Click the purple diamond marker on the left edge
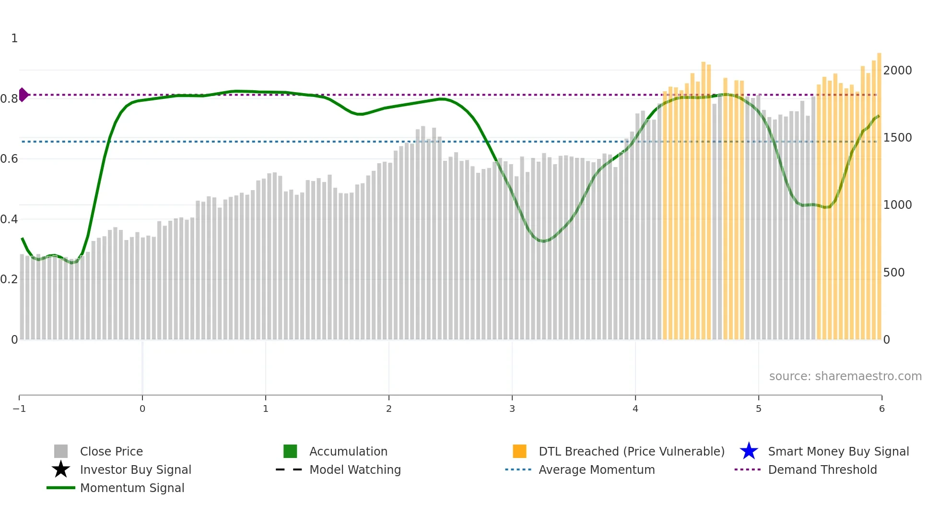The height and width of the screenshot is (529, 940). [23, 95]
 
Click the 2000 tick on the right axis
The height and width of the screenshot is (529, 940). [897, 71]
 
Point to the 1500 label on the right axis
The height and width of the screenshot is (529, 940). [897, 138]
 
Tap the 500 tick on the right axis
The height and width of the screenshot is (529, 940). [893, 273]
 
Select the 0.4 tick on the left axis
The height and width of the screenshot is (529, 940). [9, 219]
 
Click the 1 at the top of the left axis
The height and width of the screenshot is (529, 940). [14, 38]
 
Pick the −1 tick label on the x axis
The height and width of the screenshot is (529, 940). [19, 409]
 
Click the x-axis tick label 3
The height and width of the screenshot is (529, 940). [512, 409]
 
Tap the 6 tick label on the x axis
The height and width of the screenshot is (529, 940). [881, 409]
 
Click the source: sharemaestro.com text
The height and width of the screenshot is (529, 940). [845, 376]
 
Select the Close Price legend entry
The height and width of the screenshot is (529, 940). [111, 452]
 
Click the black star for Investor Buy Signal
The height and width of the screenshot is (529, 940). [61, 469]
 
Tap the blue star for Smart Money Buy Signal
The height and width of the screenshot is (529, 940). [749, 451]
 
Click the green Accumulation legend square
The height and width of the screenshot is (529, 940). [290, 451]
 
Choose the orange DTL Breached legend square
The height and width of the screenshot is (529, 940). [519, 451]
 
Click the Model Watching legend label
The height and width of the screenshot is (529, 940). [355, 470]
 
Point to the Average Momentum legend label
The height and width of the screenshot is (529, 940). [597, 470]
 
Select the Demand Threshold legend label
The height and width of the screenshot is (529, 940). [822, 470]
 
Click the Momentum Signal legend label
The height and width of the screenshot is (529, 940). [132, 488]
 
